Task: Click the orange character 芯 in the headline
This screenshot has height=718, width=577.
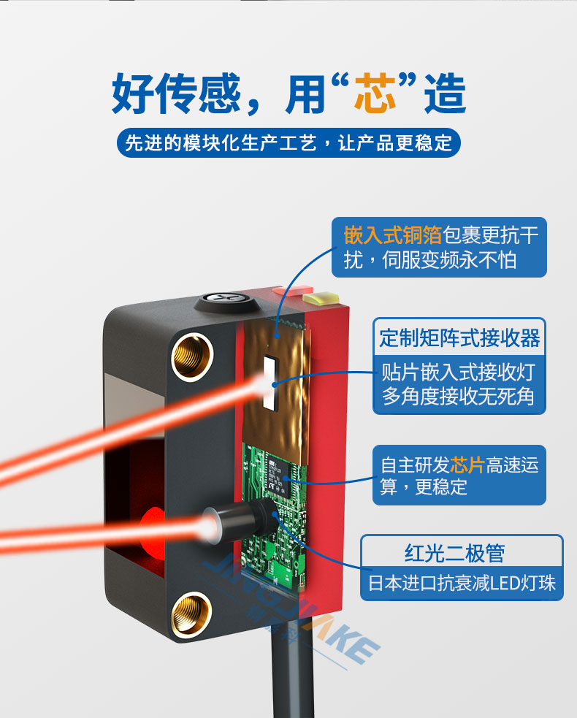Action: pyautogui.click(x=375, y=93)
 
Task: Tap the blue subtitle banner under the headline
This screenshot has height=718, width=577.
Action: pyautogui.click(x=288, y=143)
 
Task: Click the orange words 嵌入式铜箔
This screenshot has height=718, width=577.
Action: pyautogui.click(x=392, y=235)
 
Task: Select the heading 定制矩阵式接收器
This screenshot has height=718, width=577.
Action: pyautogui.click(x=459, y=338)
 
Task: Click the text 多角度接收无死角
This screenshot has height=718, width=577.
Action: pyautogui.click(x=459, y=396)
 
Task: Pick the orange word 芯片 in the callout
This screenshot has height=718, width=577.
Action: pyautogui.click(x=467, y=465)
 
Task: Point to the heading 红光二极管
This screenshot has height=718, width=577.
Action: pyautogui.click(x=455, y=553)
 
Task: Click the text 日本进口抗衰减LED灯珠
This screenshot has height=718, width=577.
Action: pyautogui.click(x=462, y=583)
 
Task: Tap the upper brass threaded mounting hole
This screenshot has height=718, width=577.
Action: pyautogui.click(x=192, y=356)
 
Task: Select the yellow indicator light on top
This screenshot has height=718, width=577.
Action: pyautogui.click(x=321, y=298)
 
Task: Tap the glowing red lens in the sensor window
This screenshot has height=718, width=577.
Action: pyautogui.click(x=153, y=531)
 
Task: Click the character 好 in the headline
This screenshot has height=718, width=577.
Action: pyautogui.click(x=133, y=93)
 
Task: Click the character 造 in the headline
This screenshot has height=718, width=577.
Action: pyautogui.click(x=445, y=93)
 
